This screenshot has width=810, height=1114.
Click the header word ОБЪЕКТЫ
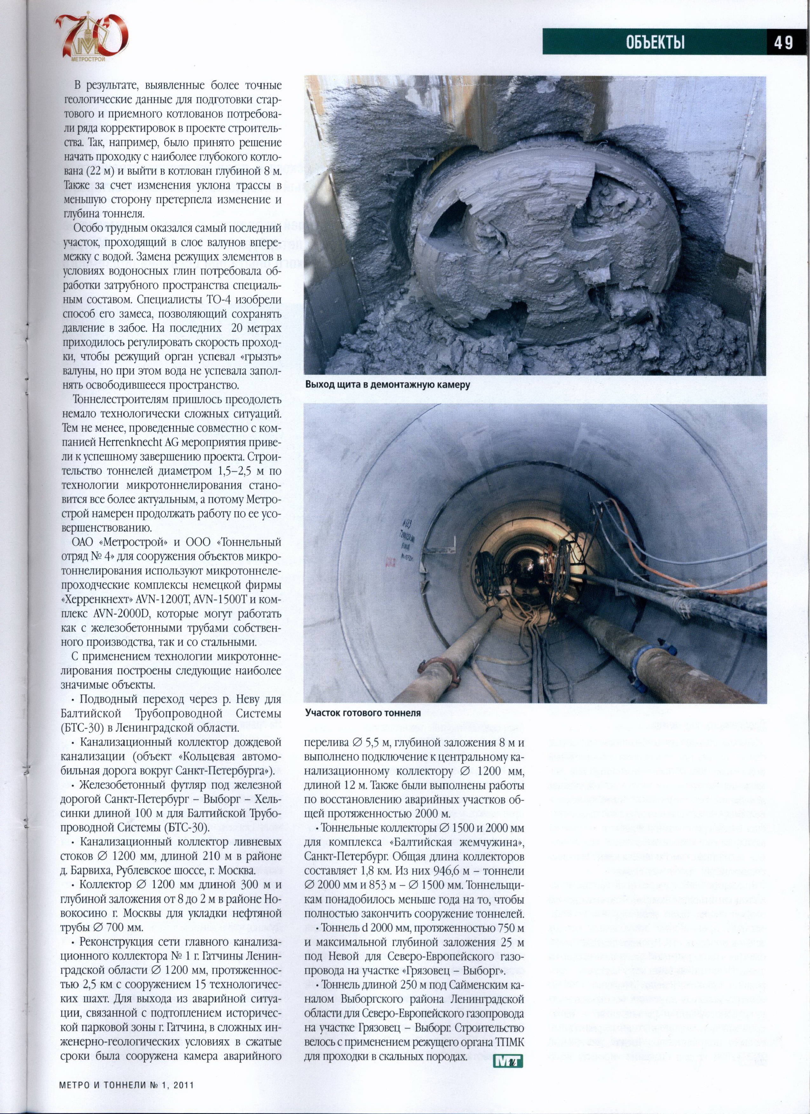pos(655,43)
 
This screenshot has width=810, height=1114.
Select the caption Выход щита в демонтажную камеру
pos(388,385)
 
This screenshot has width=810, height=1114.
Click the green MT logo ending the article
pos(508,1062)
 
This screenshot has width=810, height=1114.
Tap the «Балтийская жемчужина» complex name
pos(457,842)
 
